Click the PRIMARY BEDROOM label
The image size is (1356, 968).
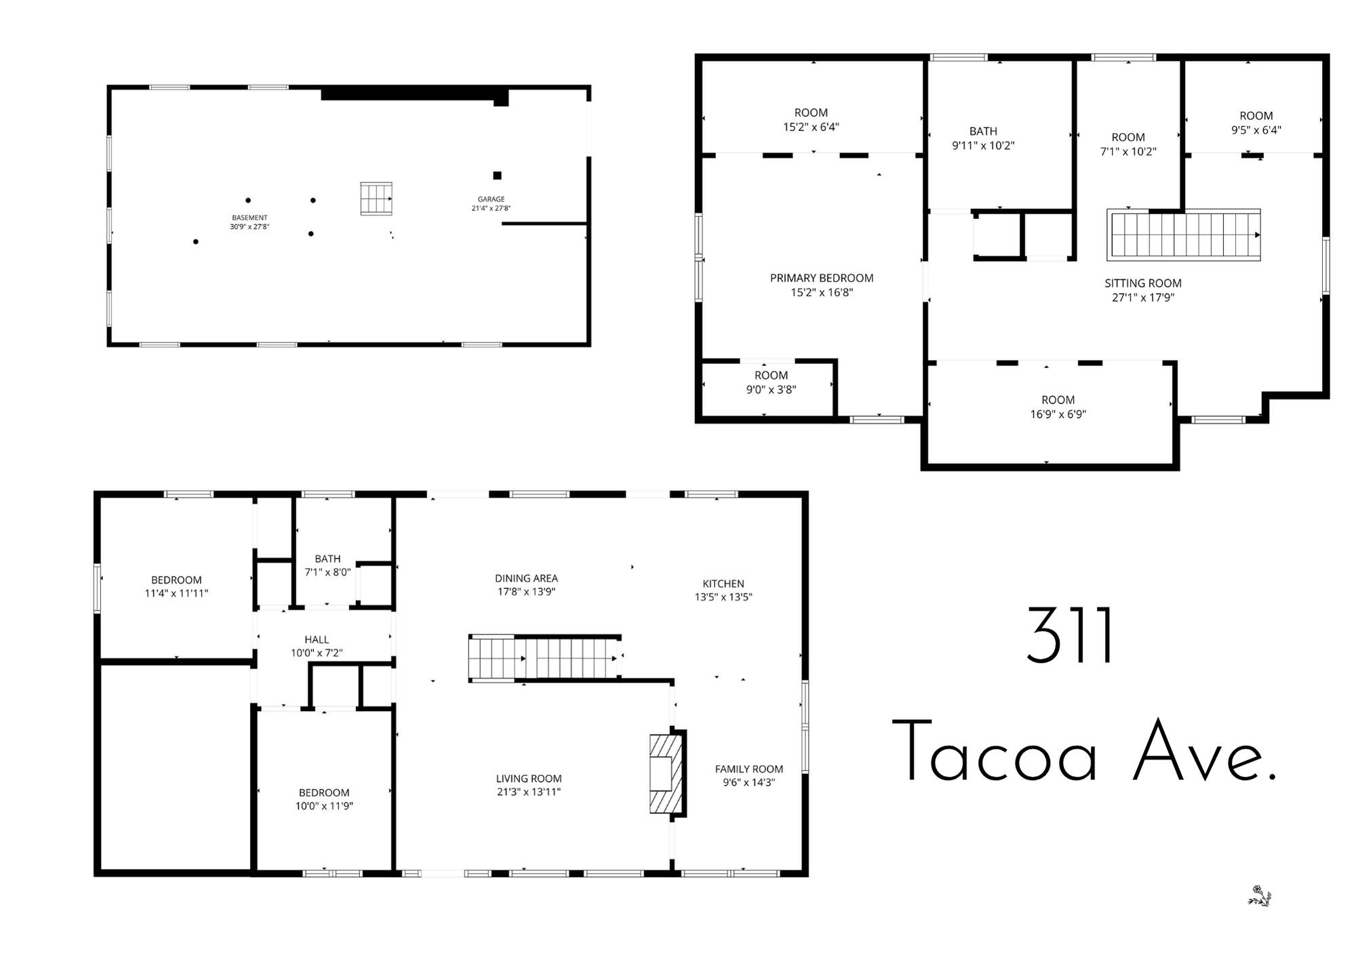click(821, 278)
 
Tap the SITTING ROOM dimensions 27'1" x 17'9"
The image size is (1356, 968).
click(1142, 298)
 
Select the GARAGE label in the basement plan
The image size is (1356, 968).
click(491, 199)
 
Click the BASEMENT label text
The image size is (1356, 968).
click(250, 218)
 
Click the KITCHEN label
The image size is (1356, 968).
click(723, 584)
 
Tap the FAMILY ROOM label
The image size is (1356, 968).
click(749, 769)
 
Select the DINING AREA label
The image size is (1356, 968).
click(526, 578)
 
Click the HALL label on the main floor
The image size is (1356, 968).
click(317, 639)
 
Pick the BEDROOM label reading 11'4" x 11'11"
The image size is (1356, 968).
click(176, 580)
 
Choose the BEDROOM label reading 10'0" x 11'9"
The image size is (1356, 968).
click(324, 792)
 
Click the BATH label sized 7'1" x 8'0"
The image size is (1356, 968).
click(327, 559)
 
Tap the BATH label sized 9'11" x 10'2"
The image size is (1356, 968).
click(983, 132)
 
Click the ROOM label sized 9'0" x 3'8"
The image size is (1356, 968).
click(771, 376)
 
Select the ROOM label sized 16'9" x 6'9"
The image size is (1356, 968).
click(1058, 400)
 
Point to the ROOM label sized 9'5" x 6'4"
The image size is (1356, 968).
click(1256, 116)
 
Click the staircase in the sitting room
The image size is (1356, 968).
click(1183, 235)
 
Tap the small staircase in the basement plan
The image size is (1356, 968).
click(376, 199)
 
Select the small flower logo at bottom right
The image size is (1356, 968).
click(1260, 896)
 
